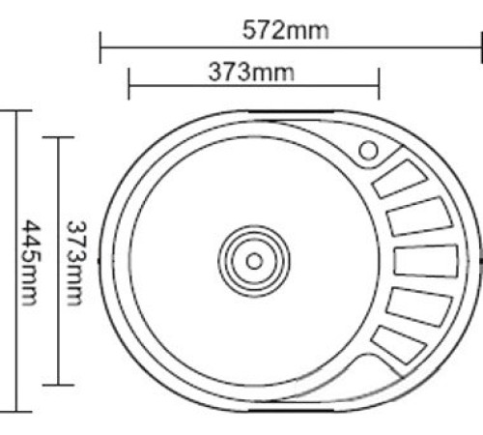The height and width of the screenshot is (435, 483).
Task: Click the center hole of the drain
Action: click(254, 260)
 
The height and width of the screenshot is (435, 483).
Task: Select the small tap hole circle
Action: click(368, 151)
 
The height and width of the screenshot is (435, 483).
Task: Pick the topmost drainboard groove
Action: click(398, 180)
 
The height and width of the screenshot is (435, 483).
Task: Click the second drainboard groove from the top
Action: click(417, 217)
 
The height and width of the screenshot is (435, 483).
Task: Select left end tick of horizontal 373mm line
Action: click(128, 84)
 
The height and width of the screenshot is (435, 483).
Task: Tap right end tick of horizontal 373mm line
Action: click(379, 84)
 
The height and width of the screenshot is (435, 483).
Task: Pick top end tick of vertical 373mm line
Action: click(60, 137)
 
